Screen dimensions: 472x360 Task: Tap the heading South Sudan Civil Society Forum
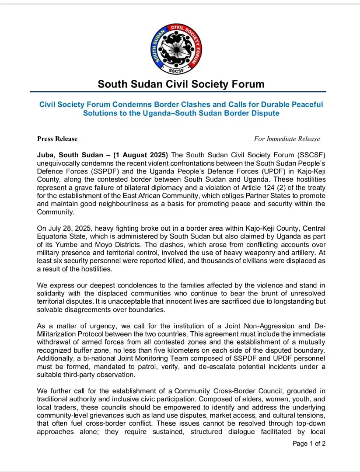(x=181, y=84)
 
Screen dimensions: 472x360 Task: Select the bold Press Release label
(x=57, y=139)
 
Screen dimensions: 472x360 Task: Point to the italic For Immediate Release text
(x=287, y=139)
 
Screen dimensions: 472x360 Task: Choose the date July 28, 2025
(x=69, y=228)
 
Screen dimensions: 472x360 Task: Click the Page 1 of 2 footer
(x=309, y=444)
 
